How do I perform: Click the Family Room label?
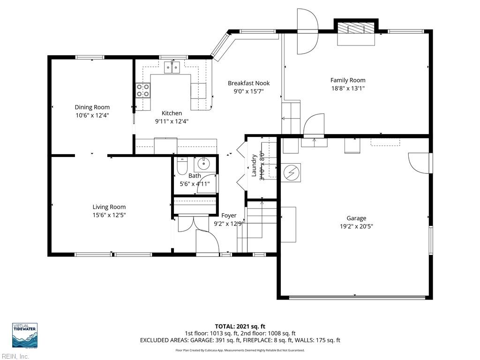tap(347, 80)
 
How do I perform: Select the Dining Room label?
tap(92, 107)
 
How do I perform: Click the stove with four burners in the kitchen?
tap(143, 90)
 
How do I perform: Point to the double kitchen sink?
tap(172, 68)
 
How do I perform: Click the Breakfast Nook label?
tap(248, 83)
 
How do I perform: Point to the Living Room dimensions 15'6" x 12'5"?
tap(109, 215)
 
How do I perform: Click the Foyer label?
tap(229, 216)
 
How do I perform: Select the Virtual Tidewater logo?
tap(24, 335)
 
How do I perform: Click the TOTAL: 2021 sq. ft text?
tap(240, 326)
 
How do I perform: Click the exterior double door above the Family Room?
tap(307, 31)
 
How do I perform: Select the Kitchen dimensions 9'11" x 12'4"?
tap(172, 121)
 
